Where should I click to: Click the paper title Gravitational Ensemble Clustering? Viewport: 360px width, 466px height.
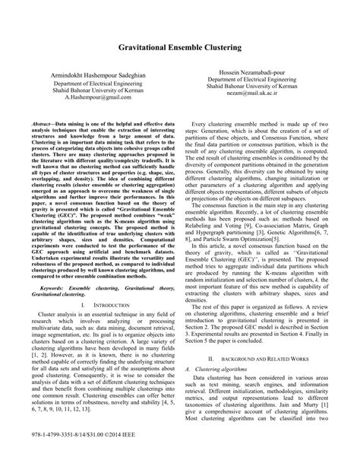coord(179,47)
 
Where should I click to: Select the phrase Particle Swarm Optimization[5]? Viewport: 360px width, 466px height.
coord(257,239)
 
